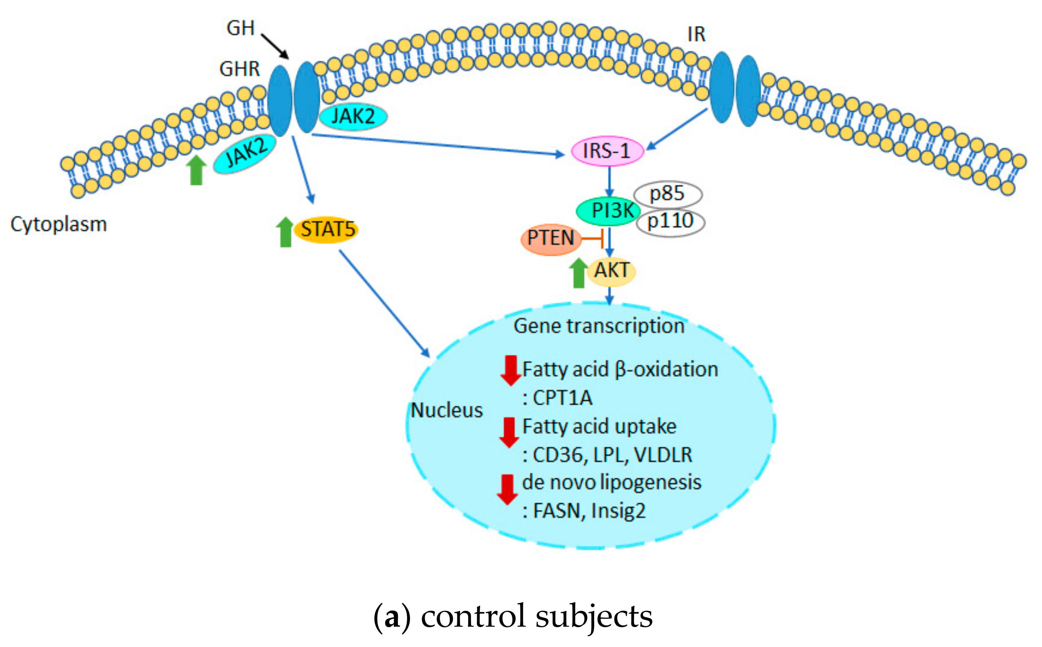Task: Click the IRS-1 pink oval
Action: click(607, 151)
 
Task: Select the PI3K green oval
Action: click(608, 210)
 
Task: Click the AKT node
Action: click(611, 271)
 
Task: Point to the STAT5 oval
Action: click(327, 230)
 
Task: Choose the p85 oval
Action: click(667, 194)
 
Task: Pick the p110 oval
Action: click(670, 222)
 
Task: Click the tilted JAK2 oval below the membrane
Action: click(244, 154)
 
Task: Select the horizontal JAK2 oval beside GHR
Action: click(353, 116)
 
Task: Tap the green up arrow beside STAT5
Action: click(285, 232)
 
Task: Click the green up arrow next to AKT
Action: click(578, 273)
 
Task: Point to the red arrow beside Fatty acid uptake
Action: click(509, 432)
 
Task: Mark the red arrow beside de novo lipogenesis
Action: click(507, 489)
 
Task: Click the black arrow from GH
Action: click(275, 47)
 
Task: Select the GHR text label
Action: click(239, 69)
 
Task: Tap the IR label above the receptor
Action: click(696, 35)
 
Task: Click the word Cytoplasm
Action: click(59, 224)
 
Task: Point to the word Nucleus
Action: click(447, 410)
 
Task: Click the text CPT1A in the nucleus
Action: click(562, 398)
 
